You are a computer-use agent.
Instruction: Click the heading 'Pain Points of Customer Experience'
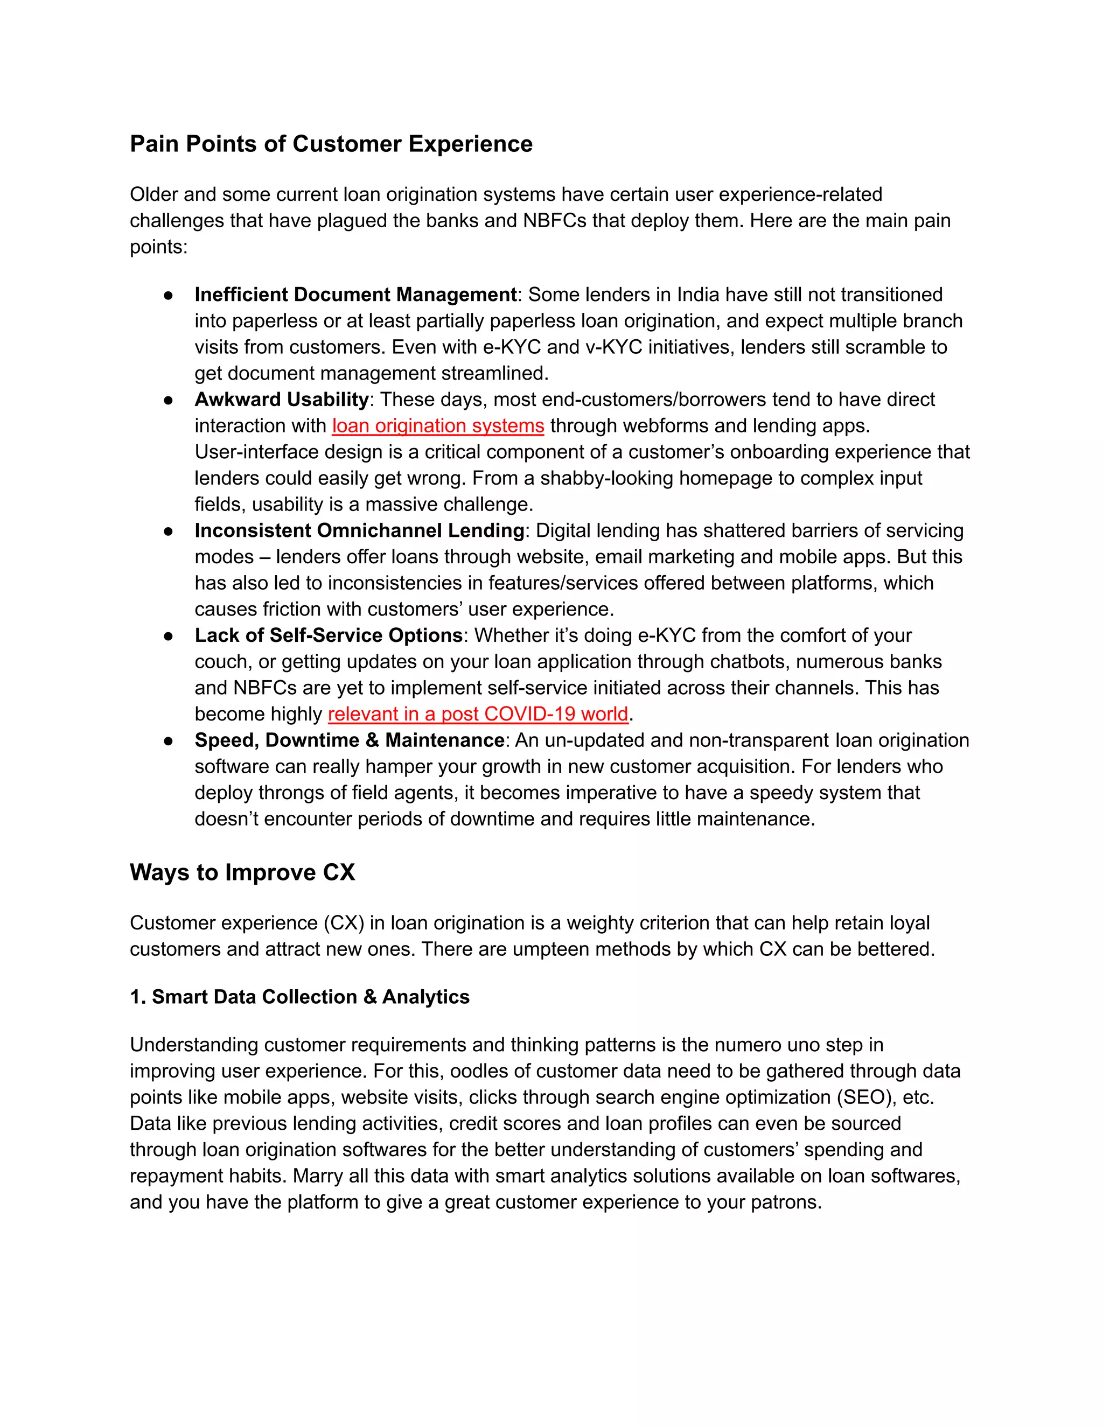[331, 144]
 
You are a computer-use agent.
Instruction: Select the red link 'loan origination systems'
[438, 426]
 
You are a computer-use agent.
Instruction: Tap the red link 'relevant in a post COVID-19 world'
[478, 714]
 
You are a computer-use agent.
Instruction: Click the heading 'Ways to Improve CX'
[242, 872]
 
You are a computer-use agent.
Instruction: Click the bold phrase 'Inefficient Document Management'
[355, 295]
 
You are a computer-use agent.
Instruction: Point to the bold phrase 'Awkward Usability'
[282, 399]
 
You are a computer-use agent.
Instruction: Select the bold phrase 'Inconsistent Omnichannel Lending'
[359, 530]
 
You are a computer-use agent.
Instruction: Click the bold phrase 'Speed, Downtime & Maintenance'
[349, 740]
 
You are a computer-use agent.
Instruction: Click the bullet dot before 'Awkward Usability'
[168, 400]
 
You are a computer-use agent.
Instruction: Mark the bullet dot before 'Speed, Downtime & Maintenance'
[168, 741]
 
